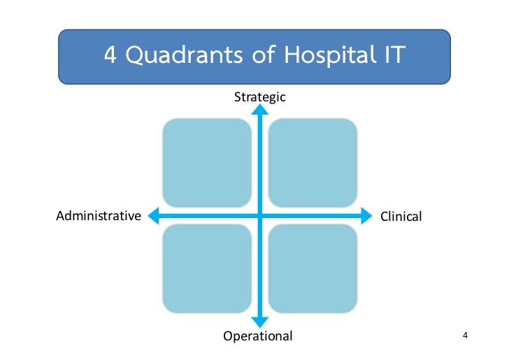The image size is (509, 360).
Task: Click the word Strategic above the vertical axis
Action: tap(259, 97)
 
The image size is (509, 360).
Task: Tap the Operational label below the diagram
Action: tap(258, 336)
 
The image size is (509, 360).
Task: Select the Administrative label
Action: tap(99, 215)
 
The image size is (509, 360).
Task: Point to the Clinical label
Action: tap(401, 217)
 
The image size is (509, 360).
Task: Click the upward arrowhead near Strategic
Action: tap(260, 110)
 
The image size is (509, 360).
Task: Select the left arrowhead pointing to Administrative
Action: tap(155, 216)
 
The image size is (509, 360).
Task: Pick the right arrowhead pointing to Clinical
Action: tap(366, 216)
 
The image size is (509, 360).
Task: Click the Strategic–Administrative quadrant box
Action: tap(207, 163)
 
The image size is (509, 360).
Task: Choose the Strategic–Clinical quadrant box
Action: tap(313, 163)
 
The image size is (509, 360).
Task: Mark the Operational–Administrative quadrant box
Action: tap(207, 269)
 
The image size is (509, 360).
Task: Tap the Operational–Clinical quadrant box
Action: tap(313, 269)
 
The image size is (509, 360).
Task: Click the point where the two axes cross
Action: tap(260, 216)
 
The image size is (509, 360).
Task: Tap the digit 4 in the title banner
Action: tap(110, 55)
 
